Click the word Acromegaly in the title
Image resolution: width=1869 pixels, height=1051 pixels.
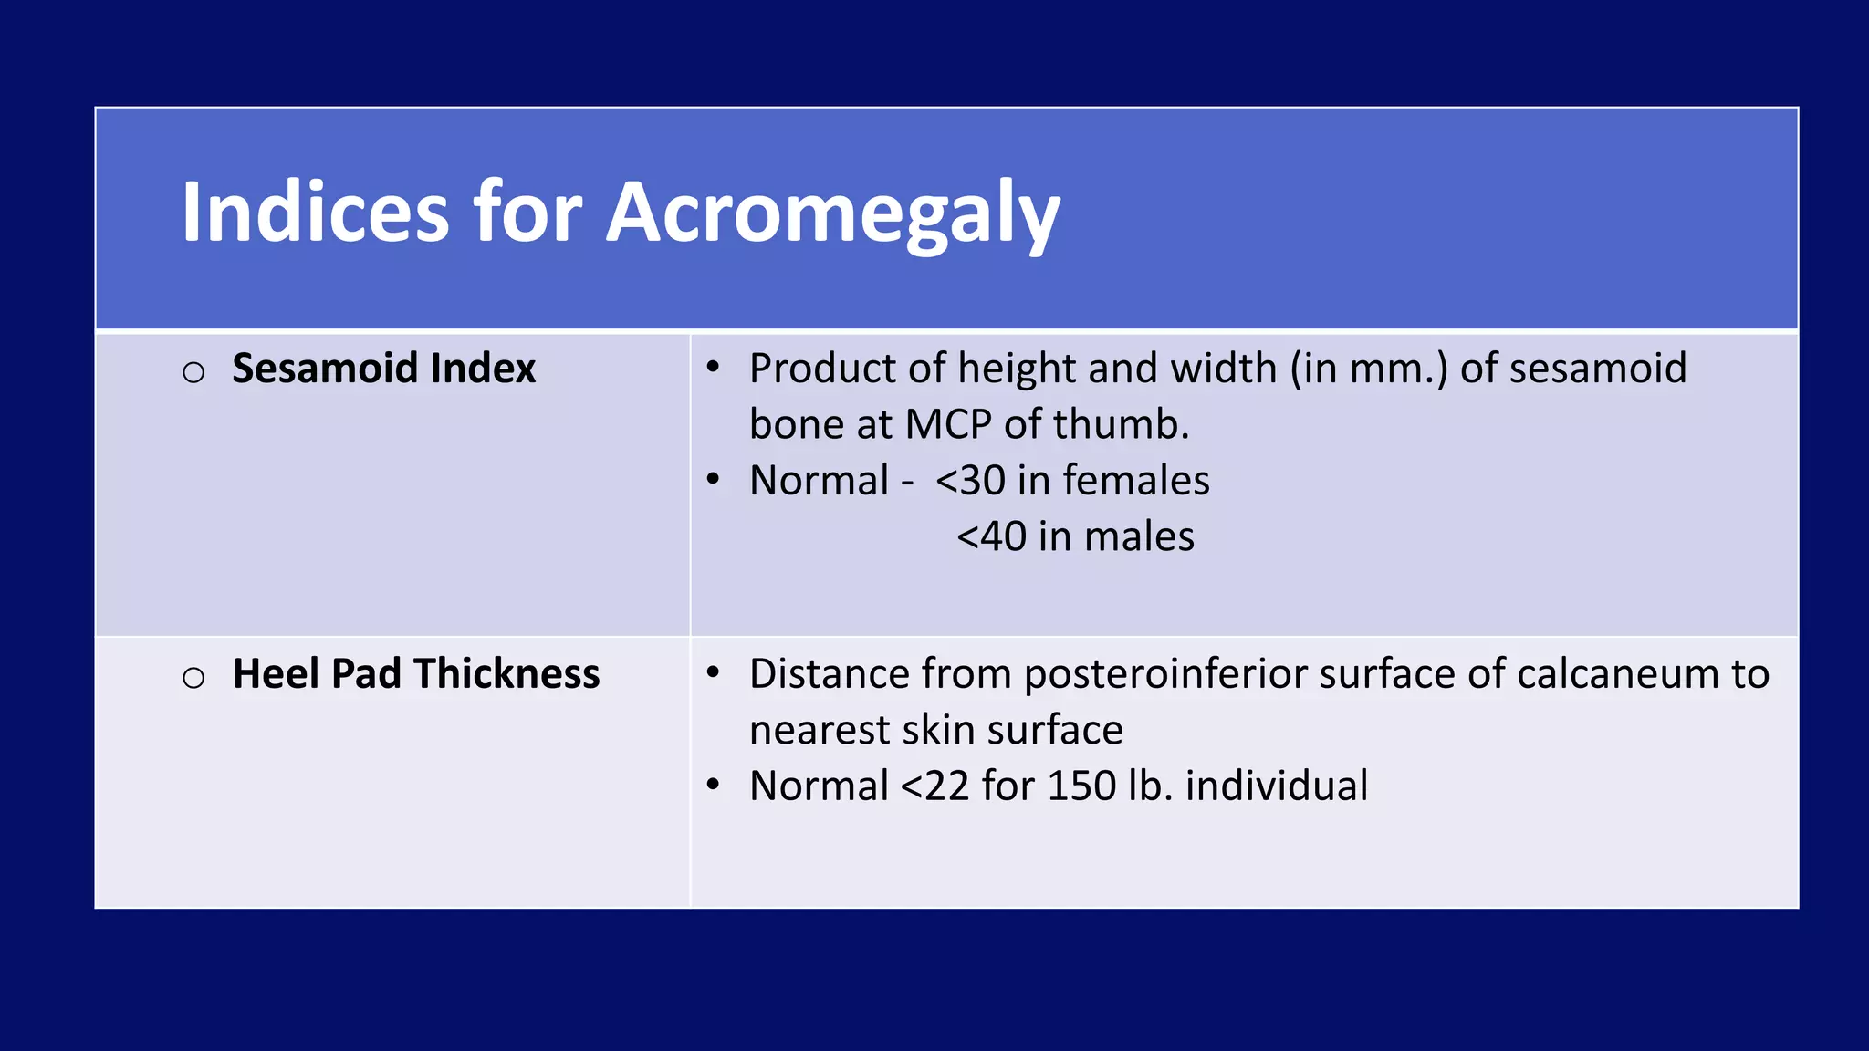[832, 213]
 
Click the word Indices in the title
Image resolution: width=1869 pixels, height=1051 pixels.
[315, 213]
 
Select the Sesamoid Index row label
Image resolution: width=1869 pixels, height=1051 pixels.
[383, 369]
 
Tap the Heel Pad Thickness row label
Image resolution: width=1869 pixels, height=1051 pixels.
[416, 674]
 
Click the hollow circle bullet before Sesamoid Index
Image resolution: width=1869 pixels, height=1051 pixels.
[193, 372]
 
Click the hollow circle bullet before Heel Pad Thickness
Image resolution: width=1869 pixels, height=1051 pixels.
[193, 678]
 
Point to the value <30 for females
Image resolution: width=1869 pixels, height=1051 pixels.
[970, 481]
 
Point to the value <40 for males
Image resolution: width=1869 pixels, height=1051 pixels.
[991, 536]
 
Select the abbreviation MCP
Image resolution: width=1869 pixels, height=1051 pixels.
[947, 425]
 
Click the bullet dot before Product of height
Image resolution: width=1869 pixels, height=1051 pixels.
[714, 369]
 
